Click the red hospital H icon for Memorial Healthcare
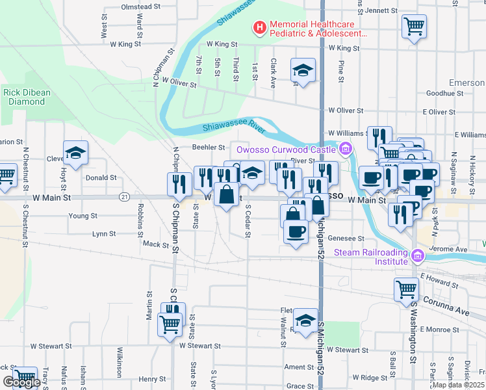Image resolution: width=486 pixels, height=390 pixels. (x=260, y=28)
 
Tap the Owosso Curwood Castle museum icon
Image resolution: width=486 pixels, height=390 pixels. (x=346, y=149)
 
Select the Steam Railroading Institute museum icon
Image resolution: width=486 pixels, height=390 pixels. (x=417, y=257)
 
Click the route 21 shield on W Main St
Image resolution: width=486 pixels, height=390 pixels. (x=124, y=196)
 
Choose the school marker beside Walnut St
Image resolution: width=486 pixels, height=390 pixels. (x=305, y=320)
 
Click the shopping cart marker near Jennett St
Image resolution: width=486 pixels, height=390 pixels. (x=414, y=27)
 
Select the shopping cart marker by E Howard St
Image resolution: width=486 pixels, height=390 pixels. (x=406, y=289)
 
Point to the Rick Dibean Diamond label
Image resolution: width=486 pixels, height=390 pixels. (x=27, y=97)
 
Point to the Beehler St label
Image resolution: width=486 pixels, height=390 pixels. (x=208, y=148)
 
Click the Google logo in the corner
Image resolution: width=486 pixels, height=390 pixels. (x=22, y=382)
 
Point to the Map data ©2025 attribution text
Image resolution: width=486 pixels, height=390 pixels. (x=458, y=385)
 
